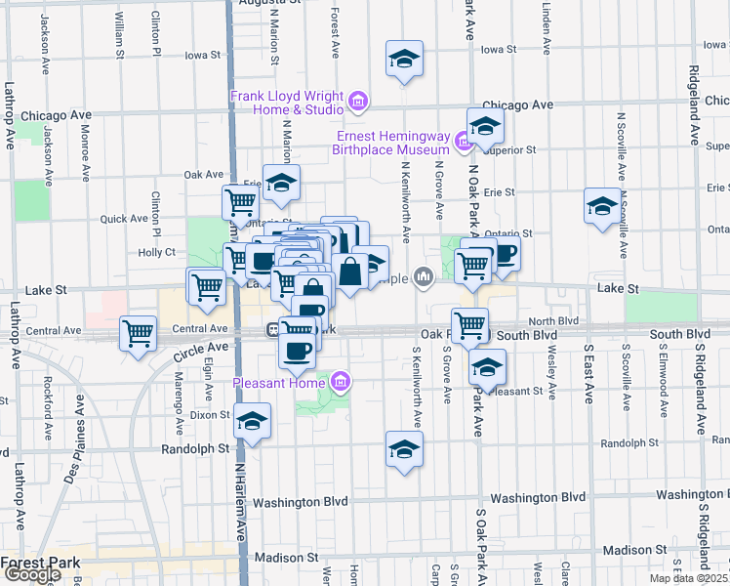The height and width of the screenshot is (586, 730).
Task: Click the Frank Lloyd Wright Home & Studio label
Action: point(288,103)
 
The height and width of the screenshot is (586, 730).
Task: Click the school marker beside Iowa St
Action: point(404,60)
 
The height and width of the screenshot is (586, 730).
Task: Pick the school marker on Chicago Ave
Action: point(484,125)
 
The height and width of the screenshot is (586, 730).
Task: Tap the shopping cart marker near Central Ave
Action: point(139,332)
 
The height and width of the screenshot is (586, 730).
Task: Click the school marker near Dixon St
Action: point(253,421)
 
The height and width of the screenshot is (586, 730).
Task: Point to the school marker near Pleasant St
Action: point(487,367)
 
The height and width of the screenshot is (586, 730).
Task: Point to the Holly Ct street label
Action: point(156,252)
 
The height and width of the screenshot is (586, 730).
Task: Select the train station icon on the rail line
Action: point(275,330)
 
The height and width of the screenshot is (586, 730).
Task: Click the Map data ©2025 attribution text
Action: point(689,578)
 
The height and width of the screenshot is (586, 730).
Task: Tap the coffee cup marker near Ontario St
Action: point(505,252)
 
